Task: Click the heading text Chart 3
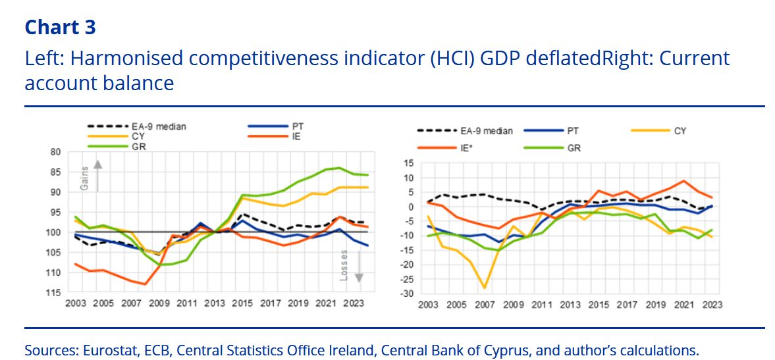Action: coord(60,27)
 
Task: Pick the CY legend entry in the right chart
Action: coord(680,130)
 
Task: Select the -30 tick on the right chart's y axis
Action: coord(408,294)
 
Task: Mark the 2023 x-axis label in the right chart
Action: coord(711,305)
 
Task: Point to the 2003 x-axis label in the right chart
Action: coord(428,305)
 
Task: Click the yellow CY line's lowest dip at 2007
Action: coord(485,288)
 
